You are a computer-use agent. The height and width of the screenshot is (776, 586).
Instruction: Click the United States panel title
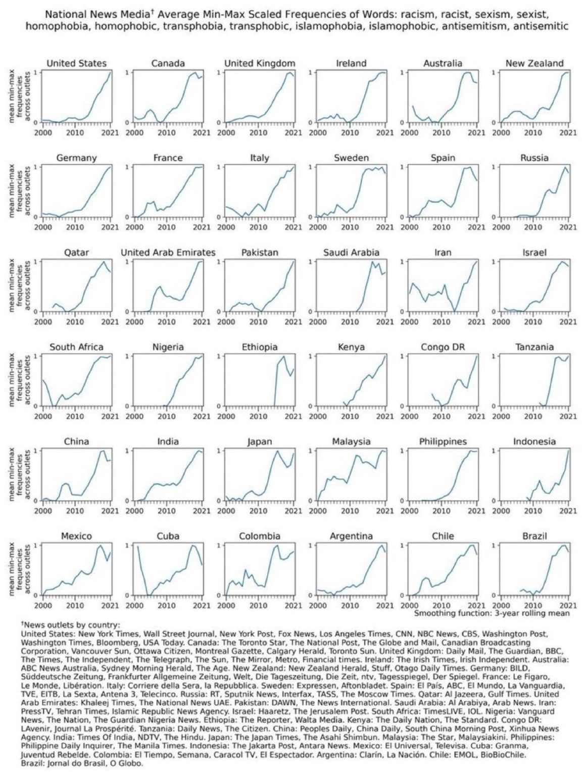[x=76, y=63]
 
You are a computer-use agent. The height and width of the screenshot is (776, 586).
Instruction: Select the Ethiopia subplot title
[x=260, y=347]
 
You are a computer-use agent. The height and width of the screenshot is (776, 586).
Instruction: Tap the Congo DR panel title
[x=443, y=347]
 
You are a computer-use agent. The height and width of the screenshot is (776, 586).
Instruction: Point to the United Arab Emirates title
[x=168, y=253]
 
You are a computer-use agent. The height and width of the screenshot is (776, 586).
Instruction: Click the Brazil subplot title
[x=534, y=536]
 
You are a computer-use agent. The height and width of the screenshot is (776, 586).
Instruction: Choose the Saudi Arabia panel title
[x=351, y=253]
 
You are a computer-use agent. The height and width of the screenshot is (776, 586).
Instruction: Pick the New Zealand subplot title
[x=534, y=63]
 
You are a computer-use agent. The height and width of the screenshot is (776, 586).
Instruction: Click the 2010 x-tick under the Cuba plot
[x=167, y=605]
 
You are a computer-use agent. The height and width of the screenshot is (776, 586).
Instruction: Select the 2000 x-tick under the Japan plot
[x=226, y=510]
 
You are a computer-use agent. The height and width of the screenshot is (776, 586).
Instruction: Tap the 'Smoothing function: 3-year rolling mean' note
[x=492, y=613]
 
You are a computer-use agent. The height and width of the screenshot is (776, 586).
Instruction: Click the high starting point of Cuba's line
[x=137, y=547]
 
